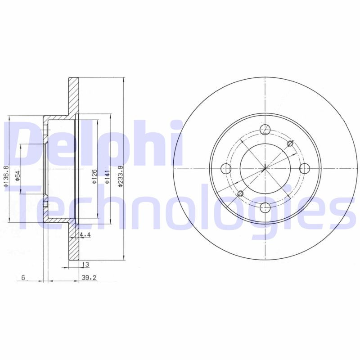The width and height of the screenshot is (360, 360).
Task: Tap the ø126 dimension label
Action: pos(94,176)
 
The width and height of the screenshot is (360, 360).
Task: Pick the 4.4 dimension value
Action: pos(85,234)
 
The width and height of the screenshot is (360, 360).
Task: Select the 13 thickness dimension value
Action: pos(85,264)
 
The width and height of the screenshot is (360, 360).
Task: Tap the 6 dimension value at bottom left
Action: pos(23,278)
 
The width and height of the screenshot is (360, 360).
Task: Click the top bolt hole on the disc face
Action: pos(265,130)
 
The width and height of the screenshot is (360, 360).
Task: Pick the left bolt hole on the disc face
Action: pos(226,169)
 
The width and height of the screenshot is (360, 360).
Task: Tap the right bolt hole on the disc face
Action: pos(305,169)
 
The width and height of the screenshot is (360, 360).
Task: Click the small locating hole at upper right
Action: pos(290,144)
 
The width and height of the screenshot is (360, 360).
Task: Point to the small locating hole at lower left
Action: pos(240,193)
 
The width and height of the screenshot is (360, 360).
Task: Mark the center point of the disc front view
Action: pos(265,169)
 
